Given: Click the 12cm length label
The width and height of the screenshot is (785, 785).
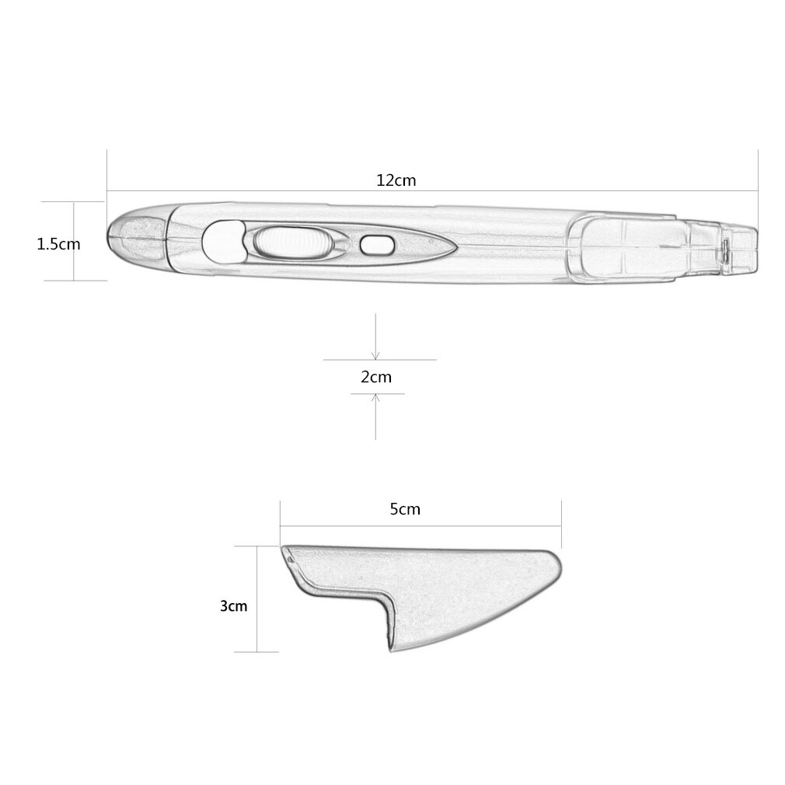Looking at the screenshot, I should click(396, 180).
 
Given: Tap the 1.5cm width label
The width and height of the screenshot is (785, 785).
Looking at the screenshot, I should click(58, 244).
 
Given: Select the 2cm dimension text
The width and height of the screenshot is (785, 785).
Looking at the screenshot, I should click(376, 378).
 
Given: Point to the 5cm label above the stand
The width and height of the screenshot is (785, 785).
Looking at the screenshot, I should click(405, 509).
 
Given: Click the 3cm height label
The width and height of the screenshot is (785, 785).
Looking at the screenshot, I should click(233, 605).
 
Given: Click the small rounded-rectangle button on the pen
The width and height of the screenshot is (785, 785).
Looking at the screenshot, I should click(376, 245).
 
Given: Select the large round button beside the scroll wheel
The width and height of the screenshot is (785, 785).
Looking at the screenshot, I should click(222, 240).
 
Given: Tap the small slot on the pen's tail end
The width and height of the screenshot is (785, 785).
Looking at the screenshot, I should click(724, 249).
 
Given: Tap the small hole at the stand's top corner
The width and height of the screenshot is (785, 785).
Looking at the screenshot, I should click(289, 555).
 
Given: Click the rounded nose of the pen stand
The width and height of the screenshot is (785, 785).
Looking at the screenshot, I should click(555, 565).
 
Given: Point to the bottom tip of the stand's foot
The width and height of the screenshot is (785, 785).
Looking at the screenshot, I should click(389, 649).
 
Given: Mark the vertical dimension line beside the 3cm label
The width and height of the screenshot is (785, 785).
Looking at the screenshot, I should click(257, 598).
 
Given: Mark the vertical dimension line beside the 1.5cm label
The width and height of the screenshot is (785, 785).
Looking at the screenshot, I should click(75, 241).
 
